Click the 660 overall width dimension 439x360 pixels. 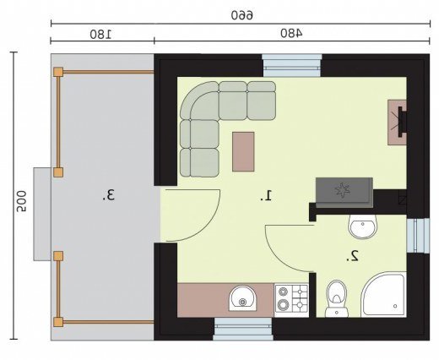[x=242, y=15]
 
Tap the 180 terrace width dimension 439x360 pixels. [x=100, y=34]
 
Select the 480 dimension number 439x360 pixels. [x=291, y=34]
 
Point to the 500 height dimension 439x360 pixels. [x=21, y=201]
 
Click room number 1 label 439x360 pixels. [x=266, y=195]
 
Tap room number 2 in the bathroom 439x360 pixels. [x=352, y=256]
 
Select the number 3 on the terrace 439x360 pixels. [x=108, y=195]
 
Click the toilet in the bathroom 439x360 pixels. [x=337, y=298]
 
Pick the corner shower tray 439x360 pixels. [x=383, y=294]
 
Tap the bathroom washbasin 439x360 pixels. [x=362, y=226]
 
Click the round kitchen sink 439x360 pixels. [x=242, y=298]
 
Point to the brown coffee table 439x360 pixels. [x=243, y=151]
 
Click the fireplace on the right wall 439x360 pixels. [x=397, y=123]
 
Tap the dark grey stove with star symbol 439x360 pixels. [x=344, y=193]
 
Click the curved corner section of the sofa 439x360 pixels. [x=199, y=101]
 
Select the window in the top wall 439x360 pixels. [x=292, y=65]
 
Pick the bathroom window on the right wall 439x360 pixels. [x=418, y=236]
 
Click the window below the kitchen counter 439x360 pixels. [x=243, y=329]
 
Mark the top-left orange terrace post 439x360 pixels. [x=58, y=72]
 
